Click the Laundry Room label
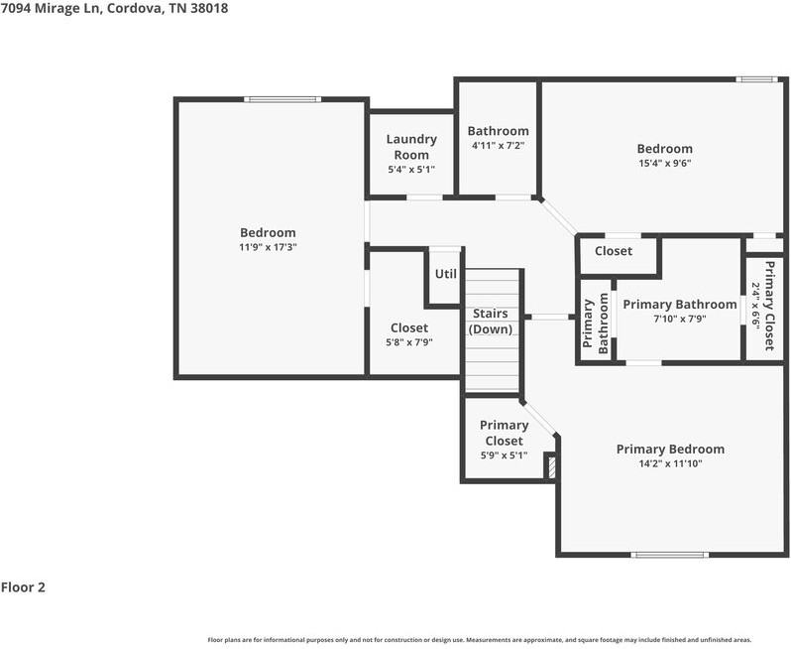(x=411, y=147)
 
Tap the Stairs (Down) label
(x=491, y=322)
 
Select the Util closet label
(x=446, y=274)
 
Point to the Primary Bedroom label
(x=670, y=449)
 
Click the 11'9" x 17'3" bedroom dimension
(x=268, y=247)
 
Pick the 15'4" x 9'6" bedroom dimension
(x=665, y=163)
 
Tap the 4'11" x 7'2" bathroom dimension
(x=499, y=146)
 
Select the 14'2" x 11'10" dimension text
(x=670, y=463)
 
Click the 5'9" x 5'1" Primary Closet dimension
(x=505, y=455)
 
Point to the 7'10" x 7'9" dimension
(x=680, y=319)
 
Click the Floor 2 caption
(x=23, y=587)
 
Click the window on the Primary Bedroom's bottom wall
(x=669, y=555)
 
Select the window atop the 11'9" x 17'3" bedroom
(x=282, y=99)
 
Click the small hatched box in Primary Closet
(x=551, y=467)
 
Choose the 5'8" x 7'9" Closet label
(x=409, y=327)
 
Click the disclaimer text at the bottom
(x=480, y=639)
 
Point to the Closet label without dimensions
(x=614, y=251)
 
